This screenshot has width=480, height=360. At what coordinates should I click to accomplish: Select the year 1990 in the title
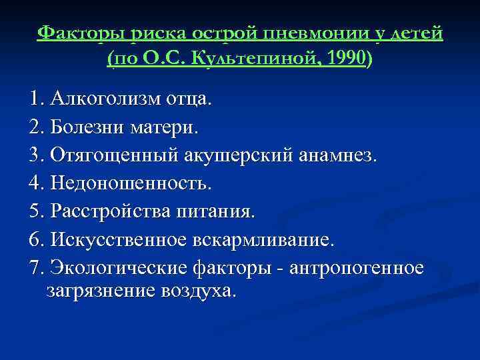342,59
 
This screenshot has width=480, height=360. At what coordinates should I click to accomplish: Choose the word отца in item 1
187,100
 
